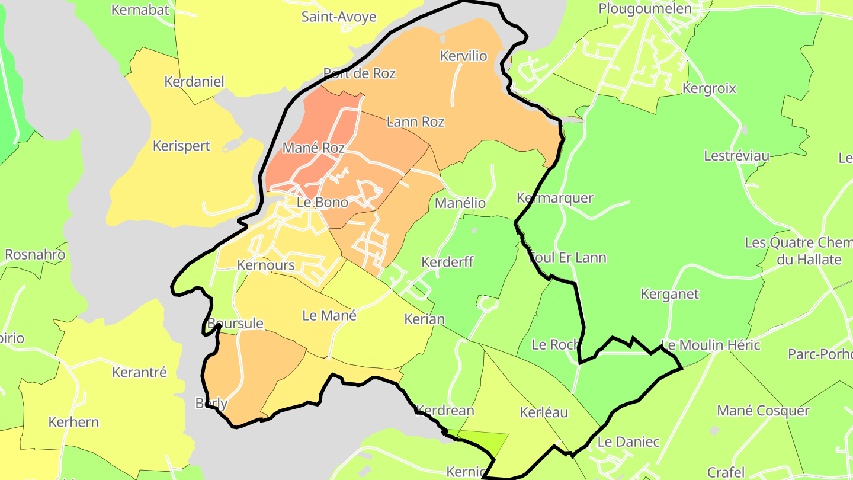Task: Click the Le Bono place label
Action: tap(322, 202)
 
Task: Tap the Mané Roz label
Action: tap(313, 148)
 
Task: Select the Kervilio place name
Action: tap(464, 56)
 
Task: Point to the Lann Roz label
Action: tap(415, 121)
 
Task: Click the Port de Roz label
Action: tap(360, 73)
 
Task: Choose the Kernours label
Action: tap(266, 264)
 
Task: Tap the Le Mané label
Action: tap(329, 315)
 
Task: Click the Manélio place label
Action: tap(460, 203)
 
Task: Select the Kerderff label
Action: tap(447, 261)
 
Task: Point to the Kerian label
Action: tap(424, 319)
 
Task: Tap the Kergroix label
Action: tap(709, 88)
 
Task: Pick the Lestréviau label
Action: tap(736, 155)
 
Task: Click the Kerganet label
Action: tap(670, 293)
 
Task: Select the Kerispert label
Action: tap(181, 145)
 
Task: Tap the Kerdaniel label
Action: tap(194, 81)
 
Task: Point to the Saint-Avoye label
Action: tap(339, 17)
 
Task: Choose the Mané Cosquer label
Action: tap(763, 410)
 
